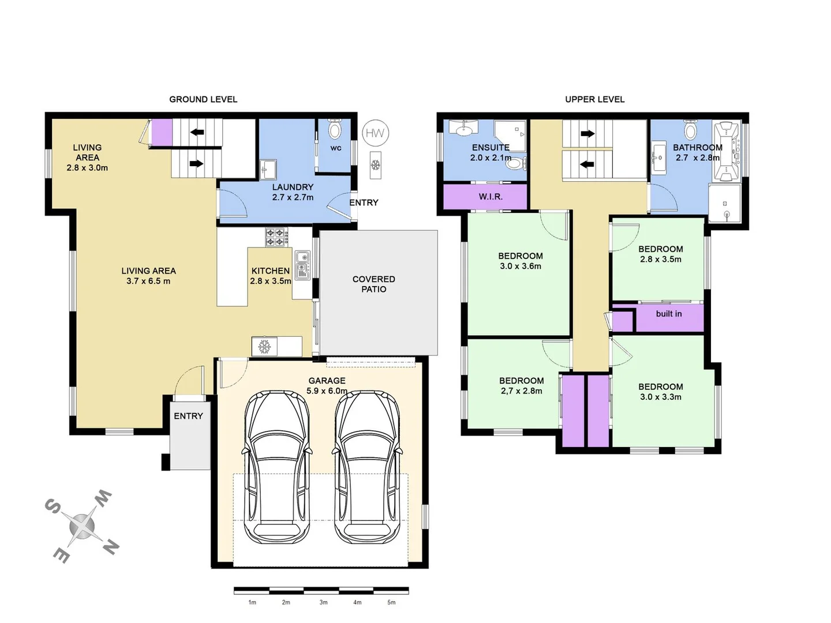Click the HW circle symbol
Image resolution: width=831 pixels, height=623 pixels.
coord(375,133)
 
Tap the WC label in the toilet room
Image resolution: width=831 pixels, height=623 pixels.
coord(336,148)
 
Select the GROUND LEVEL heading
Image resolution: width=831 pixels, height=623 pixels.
coord(203,99)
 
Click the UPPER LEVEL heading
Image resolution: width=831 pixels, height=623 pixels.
coord(594,99)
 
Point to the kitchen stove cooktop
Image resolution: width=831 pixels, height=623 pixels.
coord(276,237)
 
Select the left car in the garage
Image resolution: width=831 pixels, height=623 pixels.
coord(276,467)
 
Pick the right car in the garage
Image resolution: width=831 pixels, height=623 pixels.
coord(368,467)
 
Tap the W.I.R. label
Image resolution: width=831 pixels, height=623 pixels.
coord(491,197)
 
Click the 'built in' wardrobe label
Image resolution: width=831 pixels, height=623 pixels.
coord(669,314)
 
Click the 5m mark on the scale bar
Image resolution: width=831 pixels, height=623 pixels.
coord(391,602)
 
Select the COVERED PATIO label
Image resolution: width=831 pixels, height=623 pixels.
coord(374,284)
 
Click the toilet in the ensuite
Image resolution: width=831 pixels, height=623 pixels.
coord(515,163)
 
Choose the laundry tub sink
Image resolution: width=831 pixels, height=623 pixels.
coord(268,169)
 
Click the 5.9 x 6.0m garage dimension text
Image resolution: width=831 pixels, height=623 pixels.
coord(327,391)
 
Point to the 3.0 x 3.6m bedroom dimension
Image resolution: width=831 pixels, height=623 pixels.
coord(521,266)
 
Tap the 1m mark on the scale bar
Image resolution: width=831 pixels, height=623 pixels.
coord(252,602)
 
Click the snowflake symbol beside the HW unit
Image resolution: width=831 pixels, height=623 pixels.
coord(375,165)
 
